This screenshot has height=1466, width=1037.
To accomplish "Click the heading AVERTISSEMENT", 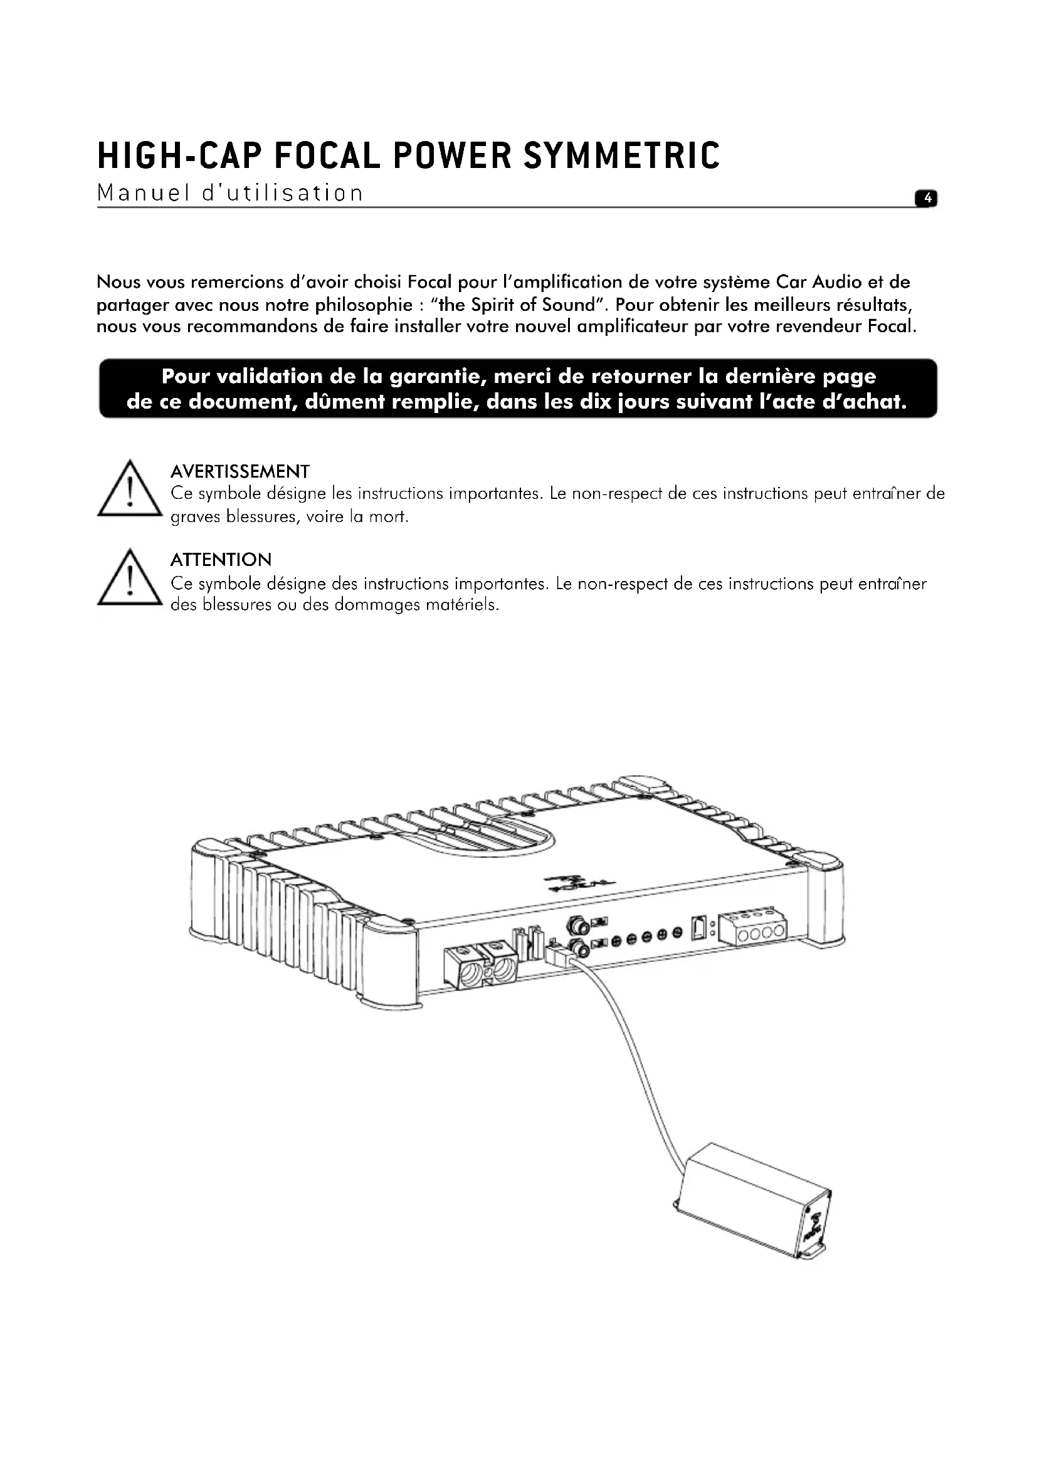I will point(240,472).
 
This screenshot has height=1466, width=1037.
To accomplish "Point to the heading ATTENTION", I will point(221,560).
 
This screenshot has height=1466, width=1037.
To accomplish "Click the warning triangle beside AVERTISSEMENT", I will point(130,491).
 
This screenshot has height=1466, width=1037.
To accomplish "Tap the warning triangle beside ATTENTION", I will point(130,579).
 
